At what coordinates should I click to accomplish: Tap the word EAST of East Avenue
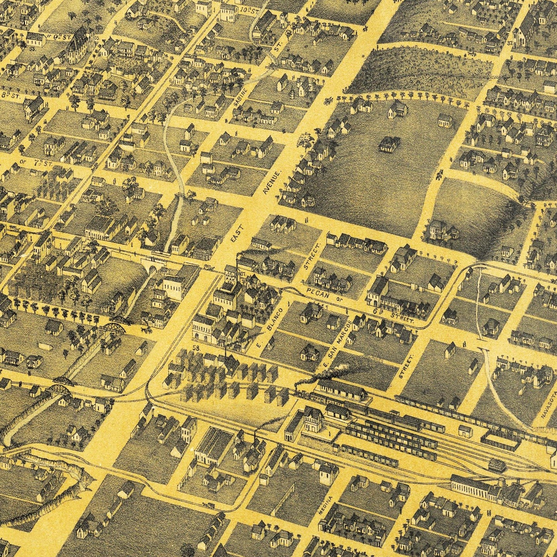click(x=236, y=234)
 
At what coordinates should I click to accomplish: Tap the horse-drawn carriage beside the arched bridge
click(x=145, y=330)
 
